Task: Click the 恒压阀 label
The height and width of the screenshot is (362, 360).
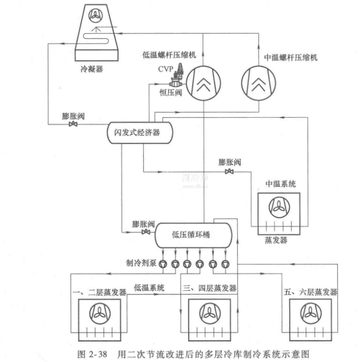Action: (170, 92)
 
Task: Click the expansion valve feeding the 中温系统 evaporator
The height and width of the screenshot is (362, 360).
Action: (229, 172)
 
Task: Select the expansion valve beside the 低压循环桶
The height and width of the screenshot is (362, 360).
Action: (145, 232)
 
